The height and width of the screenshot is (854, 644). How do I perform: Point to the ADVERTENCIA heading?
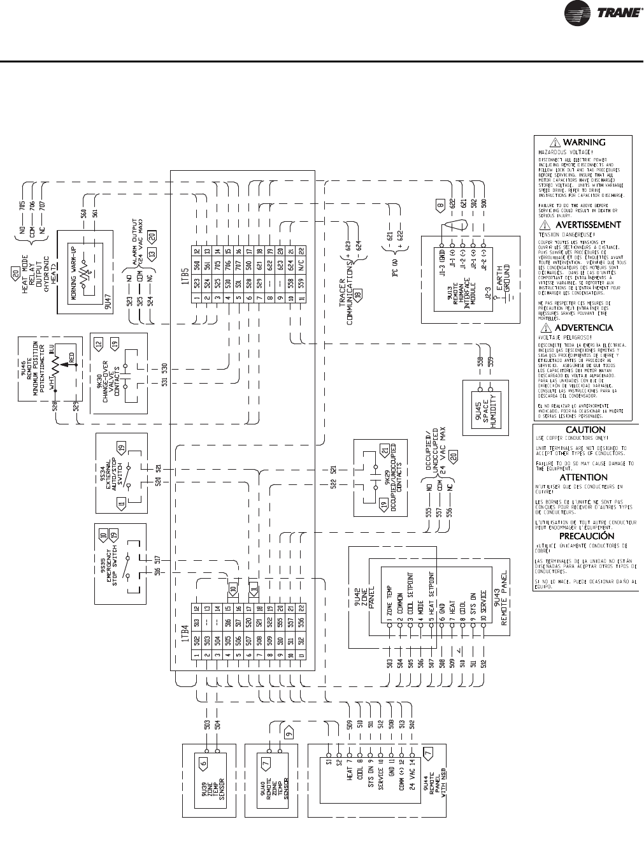point(583,328)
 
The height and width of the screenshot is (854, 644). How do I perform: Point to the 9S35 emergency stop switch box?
point(120,563)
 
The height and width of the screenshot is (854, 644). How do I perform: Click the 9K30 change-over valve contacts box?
point(118,373)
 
